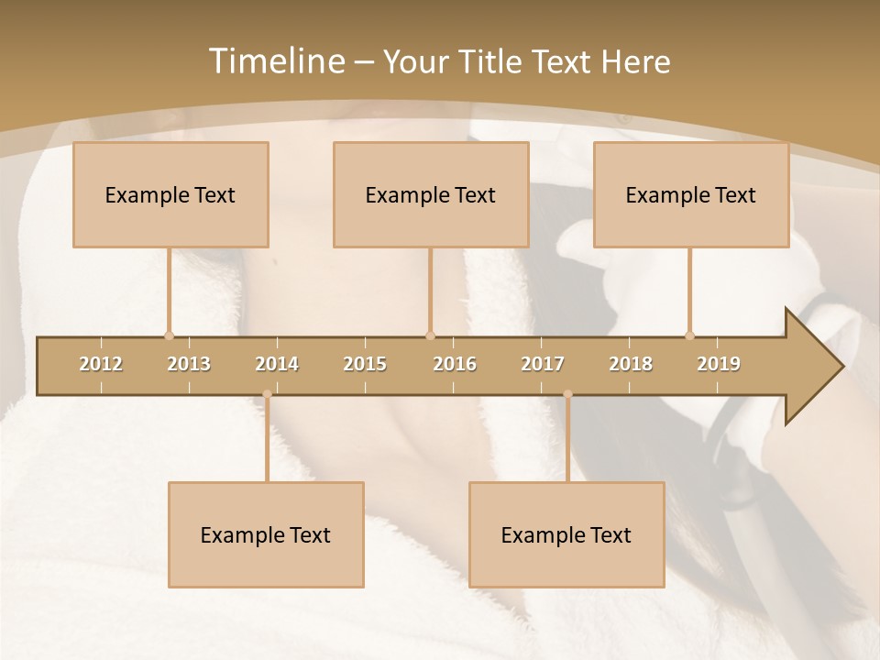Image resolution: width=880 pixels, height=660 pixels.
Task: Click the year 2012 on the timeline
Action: (x=101, y=364)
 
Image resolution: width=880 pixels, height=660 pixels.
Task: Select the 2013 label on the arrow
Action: (x=189, y=364)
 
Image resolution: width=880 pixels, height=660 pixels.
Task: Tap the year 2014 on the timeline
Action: (x=277, y=364)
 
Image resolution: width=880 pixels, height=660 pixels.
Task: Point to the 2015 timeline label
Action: (x=365, y=364)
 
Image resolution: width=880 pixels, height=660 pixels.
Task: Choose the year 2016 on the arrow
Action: (x=455, y=364)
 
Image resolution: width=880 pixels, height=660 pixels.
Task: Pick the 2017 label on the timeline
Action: (x=543, y=364)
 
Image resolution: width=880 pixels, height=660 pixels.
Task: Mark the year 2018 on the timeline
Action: (x=631, y=364)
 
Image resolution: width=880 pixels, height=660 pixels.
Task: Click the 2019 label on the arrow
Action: (x=719, y=364)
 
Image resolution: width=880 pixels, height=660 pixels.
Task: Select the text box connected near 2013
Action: (x=170, y=194)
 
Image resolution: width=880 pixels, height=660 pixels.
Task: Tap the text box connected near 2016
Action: (x=431, y=194)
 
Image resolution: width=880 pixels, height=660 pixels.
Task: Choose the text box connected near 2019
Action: (x=691, y=194)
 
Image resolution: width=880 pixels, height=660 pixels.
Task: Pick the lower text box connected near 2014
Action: (x=266, y=534)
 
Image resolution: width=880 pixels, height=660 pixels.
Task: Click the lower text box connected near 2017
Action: (x=566, y=534)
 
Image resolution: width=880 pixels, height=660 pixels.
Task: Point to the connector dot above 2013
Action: (x=169, y=335)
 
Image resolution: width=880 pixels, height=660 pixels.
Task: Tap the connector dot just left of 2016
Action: (x=430, y=335)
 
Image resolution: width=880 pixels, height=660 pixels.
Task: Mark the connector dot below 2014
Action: (x=267, y=394)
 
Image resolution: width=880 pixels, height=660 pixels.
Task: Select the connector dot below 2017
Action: (x=567, y=394)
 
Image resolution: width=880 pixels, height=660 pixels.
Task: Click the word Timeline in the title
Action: (x=276, y=61)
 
